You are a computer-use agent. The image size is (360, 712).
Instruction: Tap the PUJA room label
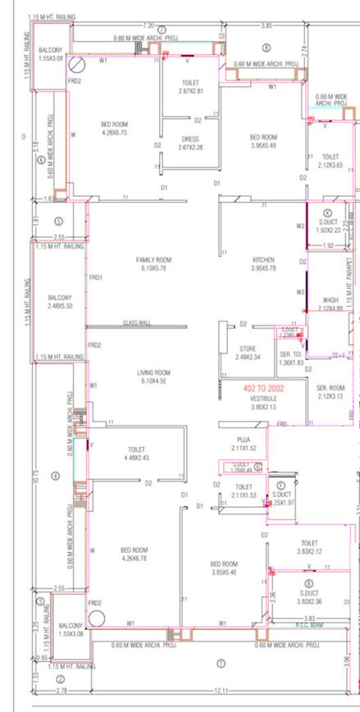(244, 445)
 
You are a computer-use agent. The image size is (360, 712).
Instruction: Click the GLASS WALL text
(136, 323)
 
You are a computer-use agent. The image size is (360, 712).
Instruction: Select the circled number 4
(56, 476)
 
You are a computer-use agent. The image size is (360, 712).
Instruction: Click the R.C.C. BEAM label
(309, 624)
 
